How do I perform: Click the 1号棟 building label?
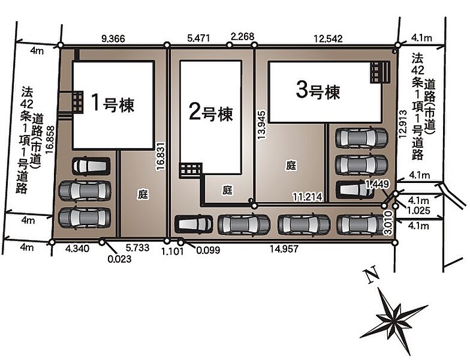[113, 103]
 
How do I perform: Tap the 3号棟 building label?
[318, 91]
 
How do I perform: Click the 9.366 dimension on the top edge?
[113, 38]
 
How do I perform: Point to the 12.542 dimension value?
[328, 38]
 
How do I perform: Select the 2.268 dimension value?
[242, 37]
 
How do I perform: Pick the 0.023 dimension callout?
[120, 259]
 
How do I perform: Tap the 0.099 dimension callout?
[207, 250]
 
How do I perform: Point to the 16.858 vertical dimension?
[50, 139]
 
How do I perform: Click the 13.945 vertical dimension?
[261, 125]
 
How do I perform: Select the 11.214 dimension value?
[308, 197]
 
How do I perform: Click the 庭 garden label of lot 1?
[143, 194]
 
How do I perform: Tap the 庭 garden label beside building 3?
[291, 166]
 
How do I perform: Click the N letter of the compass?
[370, 275]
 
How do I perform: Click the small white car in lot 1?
[91, 166]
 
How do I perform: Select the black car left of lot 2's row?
[194, 224]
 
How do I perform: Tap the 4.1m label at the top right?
[421, 38]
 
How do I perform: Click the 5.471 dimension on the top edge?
[198, 38]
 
